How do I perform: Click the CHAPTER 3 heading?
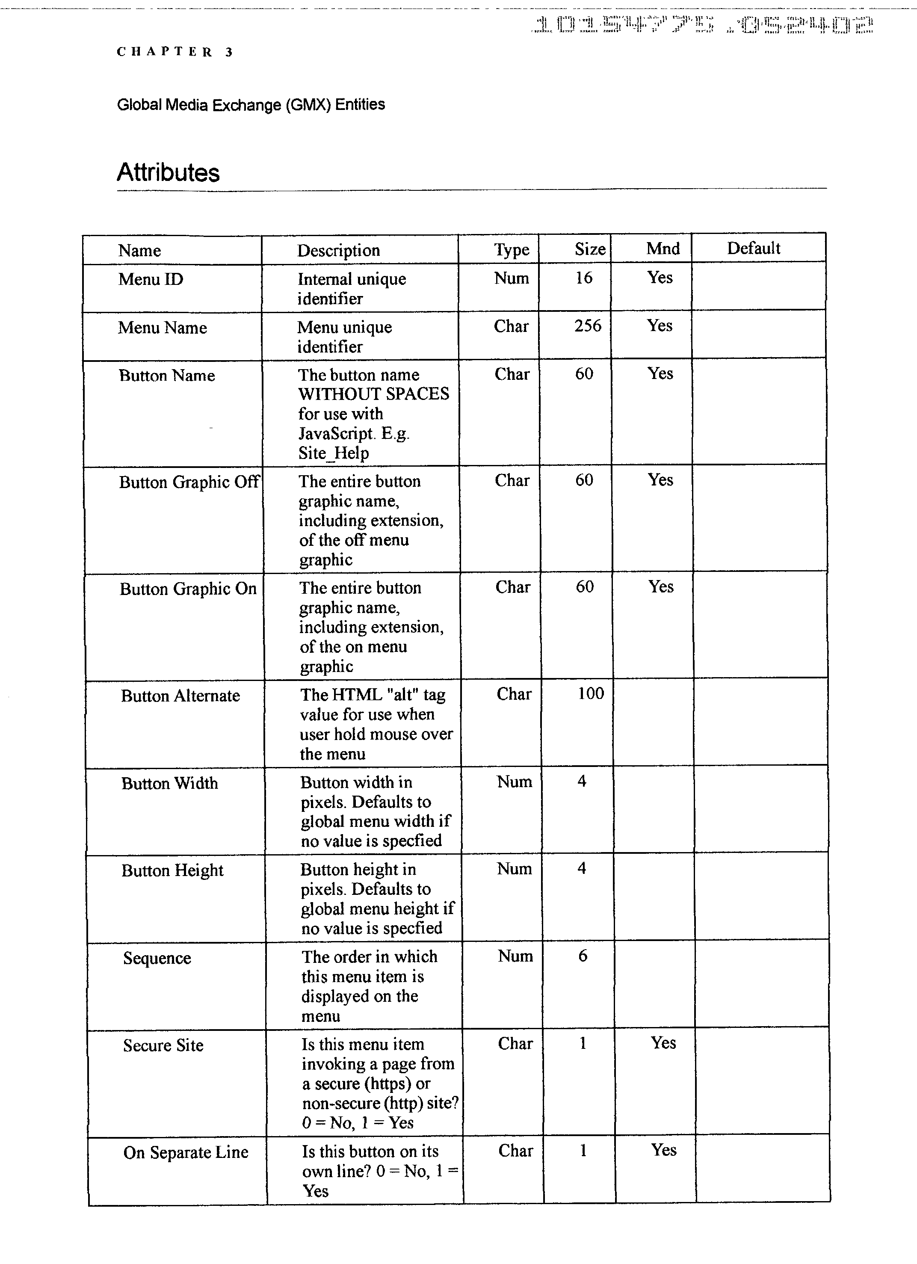tap(175, 52)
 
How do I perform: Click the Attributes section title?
tap(168, 172)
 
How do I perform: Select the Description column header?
tap(338, 250)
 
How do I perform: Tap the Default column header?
tap(753, 248)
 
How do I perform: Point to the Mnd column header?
tap(663, 248)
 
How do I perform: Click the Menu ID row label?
tap(151, 278)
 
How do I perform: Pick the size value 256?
tap(588, 326)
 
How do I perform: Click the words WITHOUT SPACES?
tap(373, 394)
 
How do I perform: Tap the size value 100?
tap(591, 693)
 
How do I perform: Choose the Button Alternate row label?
tap(180, 696)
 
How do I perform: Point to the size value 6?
tap(583, 956)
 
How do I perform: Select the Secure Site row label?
tap(163, 1045)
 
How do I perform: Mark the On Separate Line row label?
tap(186, 1152)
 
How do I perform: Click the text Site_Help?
tap(333, 453)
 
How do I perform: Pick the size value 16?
tap(584, 278)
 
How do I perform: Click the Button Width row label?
tap(169, 783)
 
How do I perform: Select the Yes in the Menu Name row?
tap(660, 326)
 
